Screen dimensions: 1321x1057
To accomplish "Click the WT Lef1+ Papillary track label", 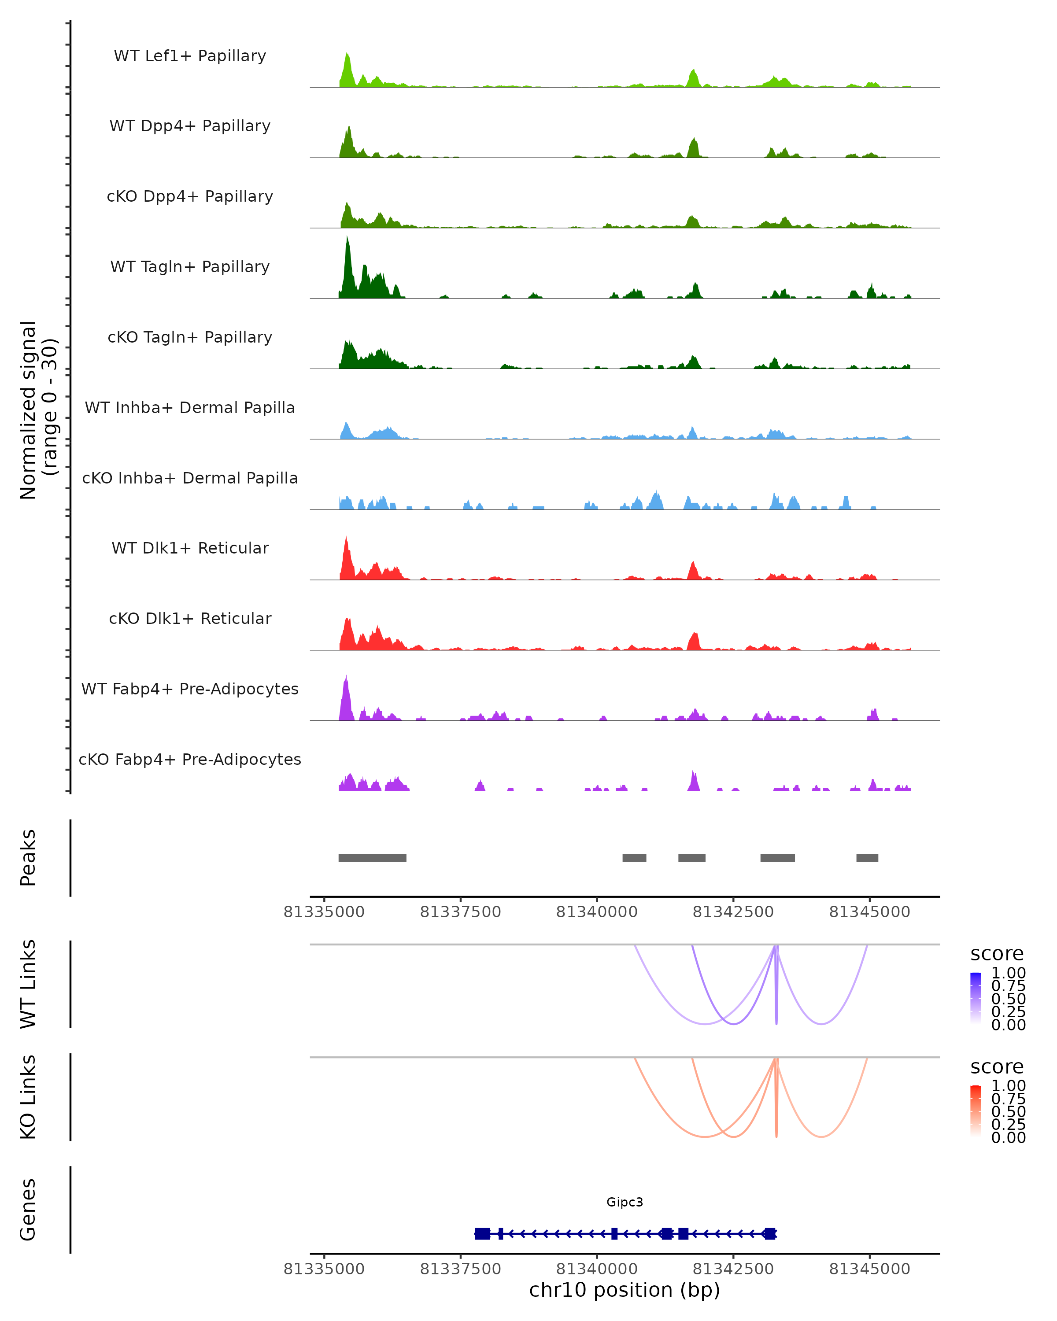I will coord(190,56).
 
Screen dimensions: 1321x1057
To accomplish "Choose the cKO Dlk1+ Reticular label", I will coord(190,618).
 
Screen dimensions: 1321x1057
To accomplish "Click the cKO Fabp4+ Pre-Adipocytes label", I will coord(190,759).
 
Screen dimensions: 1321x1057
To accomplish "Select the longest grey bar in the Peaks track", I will coord(372,858).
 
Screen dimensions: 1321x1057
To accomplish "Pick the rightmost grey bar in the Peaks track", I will coord(867,858).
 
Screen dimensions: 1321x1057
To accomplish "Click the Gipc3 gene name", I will coord(625,1202).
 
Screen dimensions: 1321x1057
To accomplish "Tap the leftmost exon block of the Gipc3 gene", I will coord(482,1233).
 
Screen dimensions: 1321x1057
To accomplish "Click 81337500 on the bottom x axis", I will coord(460,1269).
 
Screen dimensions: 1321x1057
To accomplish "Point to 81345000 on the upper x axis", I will coord(869,912).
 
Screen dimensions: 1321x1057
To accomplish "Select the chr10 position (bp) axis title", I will coord(625,1290).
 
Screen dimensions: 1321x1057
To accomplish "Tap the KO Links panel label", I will coord(28,1097).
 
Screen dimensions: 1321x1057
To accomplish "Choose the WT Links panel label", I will coord(28,984).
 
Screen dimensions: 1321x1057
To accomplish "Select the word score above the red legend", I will coord(997,1067).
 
